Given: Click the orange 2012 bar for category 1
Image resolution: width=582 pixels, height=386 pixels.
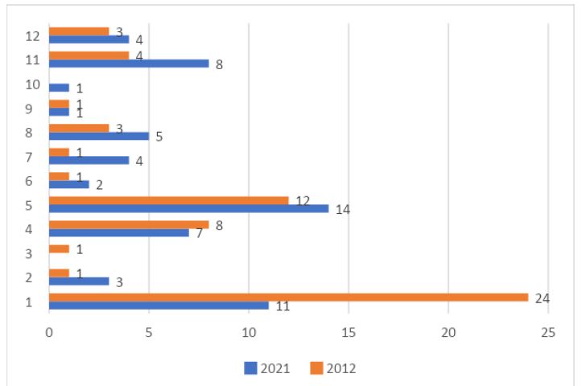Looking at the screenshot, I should (288, 297).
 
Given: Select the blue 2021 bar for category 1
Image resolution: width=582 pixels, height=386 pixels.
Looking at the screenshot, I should (159, 306).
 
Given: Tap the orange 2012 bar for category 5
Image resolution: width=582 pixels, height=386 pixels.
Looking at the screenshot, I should (169, 200).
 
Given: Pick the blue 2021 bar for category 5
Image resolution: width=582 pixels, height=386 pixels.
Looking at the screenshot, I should (189, 208).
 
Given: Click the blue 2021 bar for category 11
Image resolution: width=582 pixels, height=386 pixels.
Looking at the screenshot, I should (129, 63).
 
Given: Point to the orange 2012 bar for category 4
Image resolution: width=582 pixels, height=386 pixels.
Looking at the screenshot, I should (129, 224).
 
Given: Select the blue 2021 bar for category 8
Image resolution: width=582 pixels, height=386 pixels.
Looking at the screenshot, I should (99, 135).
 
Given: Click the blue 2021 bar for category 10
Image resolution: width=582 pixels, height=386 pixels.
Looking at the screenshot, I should (59, 87).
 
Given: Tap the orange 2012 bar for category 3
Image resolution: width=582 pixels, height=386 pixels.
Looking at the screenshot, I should (59, 248).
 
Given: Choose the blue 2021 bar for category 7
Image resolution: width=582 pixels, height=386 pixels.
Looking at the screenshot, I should (89, 159).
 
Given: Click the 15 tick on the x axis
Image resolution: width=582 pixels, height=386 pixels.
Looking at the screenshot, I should (349, 331).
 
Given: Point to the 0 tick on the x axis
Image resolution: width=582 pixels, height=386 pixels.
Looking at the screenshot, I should (49, 331).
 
